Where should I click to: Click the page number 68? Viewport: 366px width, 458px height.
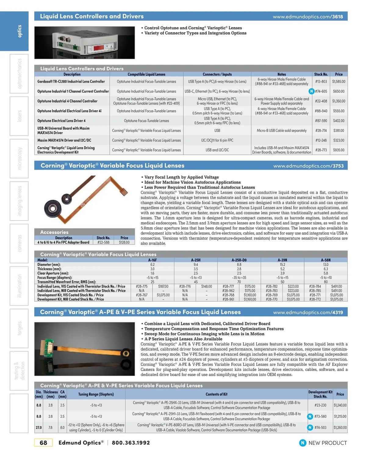pos(43,443)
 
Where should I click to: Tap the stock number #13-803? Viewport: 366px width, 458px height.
pos(321,82)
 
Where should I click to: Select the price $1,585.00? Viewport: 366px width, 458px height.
pos(339,82)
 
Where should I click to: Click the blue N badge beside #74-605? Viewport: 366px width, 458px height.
pos(311,91)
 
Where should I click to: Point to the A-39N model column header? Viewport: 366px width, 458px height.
pos(282,260)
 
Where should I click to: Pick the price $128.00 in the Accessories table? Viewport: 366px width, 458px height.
pos(124,242)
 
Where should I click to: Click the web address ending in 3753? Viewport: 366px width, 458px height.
pos(308,166)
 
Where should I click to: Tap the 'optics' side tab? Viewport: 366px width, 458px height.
pos(20,31)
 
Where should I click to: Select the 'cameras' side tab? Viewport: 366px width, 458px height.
pos(20,243)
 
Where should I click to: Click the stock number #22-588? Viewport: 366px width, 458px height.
pos(103,242)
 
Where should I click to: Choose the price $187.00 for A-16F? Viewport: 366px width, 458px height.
pos(163,286)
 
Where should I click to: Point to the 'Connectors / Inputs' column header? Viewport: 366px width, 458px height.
pos(217,74)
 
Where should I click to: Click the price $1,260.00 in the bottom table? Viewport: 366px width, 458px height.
pos(340,427)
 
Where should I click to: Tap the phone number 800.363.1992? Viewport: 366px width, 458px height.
pos(131,443)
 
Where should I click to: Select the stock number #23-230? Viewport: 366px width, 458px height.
pos(320,405)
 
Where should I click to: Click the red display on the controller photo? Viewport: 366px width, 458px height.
pos(100,48)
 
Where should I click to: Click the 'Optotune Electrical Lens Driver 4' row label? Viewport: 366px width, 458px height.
pos(61,121)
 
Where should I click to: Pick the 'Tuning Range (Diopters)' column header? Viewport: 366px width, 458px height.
pos(96,394)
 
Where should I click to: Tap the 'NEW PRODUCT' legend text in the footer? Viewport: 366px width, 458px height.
pos(328,443)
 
